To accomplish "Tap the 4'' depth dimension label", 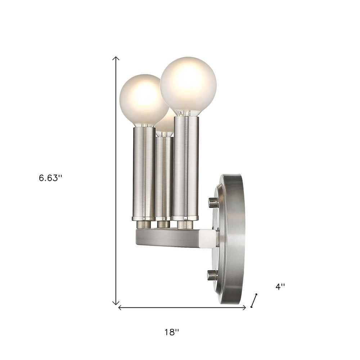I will point(280,287).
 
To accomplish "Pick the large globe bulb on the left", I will point(139,99).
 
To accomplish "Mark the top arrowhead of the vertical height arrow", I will point(116,58).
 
